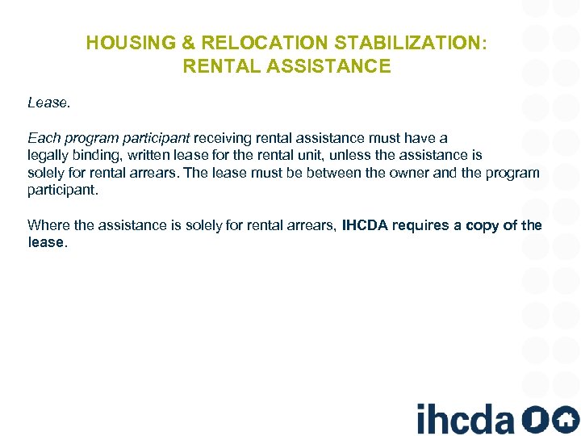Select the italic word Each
[x=42, y=138]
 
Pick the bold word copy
[x=482, y=225]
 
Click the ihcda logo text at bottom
[x=465, y=417]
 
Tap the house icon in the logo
[x=566, y=418]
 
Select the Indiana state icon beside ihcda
[x=534, y=418]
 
